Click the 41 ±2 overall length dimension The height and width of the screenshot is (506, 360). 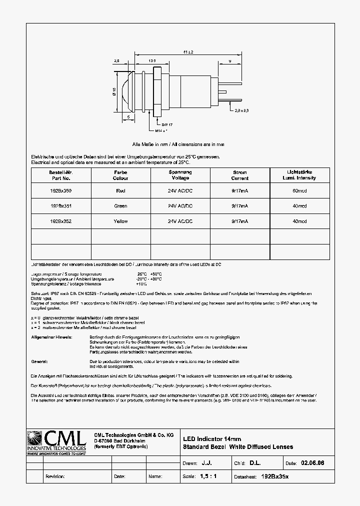(188, 52)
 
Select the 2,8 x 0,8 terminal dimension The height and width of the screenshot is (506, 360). (241, 110)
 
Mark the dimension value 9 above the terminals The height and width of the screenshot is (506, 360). (229, 60)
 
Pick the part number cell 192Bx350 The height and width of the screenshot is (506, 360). (61, 190)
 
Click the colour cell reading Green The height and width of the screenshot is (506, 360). (120, 206)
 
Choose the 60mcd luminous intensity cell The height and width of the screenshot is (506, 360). (299, 190)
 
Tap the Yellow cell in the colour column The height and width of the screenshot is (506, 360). (120, 221)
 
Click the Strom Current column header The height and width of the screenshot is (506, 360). (239, 175)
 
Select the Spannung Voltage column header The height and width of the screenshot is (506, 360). (180, 175)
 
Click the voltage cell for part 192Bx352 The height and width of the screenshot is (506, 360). (180, 221)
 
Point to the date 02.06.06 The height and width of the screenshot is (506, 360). (312, 463)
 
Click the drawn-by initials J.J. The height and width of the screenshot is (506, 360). (206, 463)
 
